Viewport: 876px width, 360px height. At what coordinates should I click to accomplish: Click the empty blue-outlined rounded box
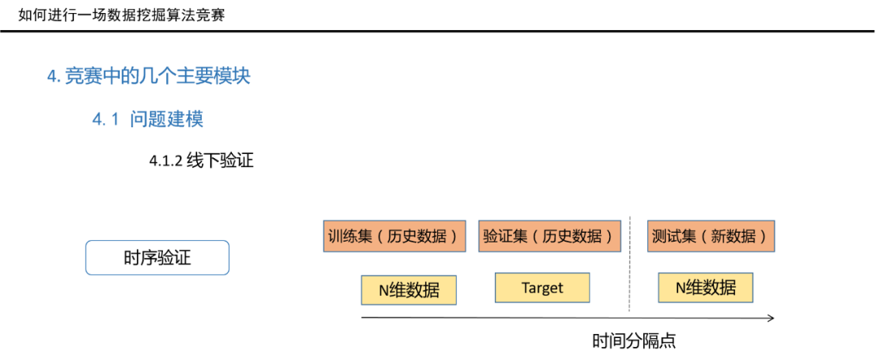[157, 258]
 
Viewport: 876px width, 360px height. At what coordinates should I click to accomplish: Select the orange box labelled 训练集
[394, 236]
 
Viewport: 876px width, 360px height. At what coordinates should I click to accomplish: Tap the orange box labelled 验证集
[549, 236]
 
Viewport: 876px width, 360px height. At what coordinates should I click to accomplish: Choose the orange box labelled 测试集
[711, 236]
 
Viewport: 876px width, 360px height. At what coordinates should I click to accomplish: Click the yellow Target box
[543, 288]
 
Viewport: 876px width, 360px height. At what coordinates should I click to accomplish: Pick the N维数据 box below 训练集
[409, 290]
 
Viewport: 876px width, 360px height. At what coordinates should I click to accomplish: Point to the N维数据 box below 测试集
[706, 288]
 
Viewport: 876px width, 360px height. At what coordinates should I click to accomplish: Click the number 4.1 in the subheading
[105, 119]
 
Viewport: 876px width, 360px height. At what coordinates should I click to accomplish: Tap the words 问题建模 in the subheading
[165, 119]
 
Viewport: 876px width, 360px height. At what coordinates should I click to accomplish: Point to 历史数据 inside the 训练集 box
[417, 237]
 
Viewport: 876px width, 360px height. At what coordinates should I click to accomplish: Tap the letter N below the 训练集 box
[384, 291]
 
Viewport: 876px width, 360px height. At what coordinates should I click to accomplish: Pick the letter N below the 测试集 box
[681, 288]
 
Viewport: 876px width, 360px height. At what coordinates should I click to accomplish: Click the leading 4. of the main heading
[53, 76]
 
